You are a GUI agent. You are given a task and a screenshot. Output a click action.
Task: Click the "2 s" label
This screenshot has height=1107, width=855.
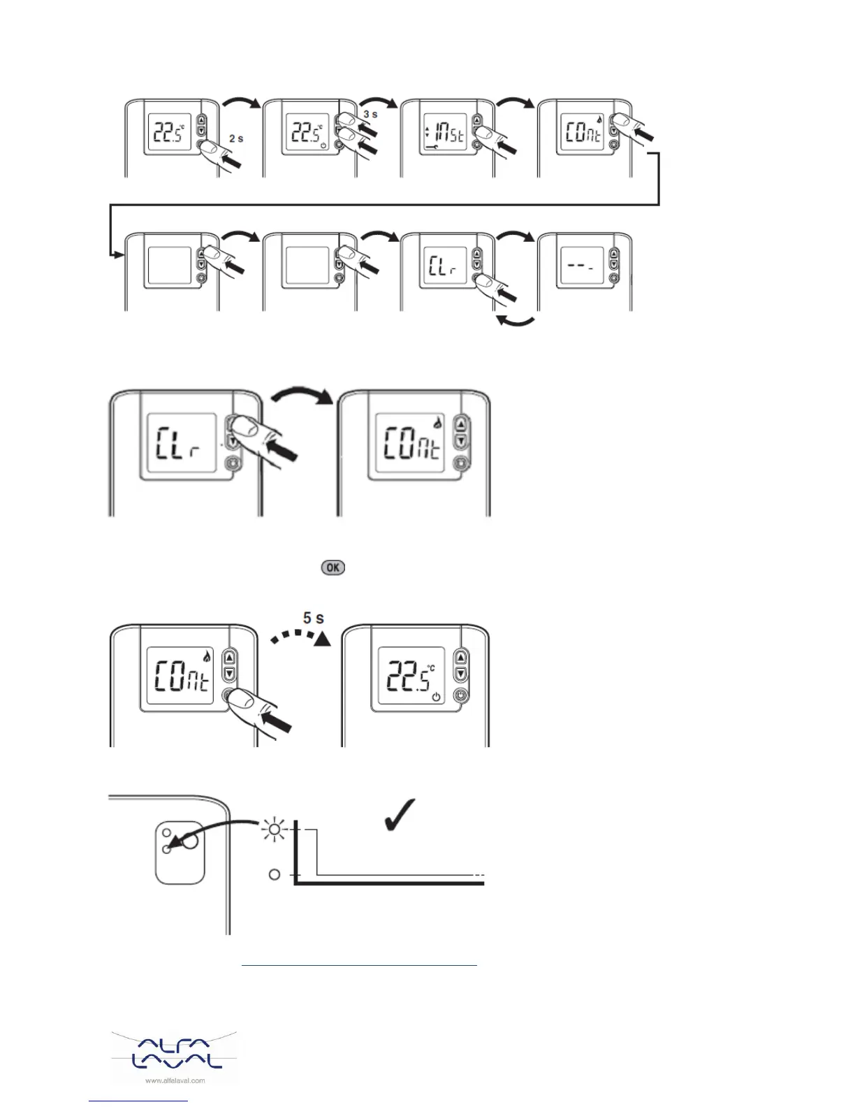236,138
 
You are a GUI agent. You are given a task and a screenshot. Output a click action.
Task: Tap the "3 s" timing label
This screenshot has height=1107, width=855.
370,114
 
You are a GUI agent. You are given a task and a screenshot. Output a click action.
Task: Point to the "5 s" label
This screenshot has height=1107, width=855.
313,618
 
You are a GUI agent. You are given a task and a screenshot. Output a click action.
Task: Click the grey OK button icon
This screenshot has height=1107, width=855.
332,567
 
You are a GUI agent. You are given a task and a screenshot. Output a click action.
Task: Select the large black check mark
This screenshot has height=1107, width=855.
400,814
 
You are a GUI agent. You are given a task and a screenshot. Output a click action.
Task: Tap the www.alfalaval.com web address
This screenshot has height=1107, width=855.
175,1080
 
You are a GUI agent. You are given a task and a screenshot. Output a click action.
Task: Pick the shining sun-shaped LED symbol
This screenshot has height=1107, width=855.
275,830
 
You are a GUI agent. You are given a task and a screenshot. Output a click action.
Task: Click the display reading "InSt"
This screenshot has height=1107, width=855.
444,133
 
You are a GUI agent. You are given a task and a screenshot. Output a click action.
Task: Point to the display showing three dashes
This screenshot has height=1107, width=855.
581,267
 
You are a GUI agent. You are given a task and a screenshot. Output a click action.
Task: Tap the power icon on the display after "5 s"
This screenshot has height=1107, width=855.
437,697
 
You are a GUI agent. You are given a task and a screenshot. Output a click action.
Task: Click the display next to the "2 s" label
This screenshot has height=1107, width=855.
170,133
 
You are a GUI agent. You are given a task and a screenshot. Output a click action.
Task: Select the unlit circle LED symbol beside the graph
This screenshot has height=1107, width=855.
275,874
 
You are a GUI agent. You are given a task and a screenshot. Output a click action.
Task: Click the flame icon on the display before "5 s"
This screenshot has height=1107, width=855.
206,656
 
